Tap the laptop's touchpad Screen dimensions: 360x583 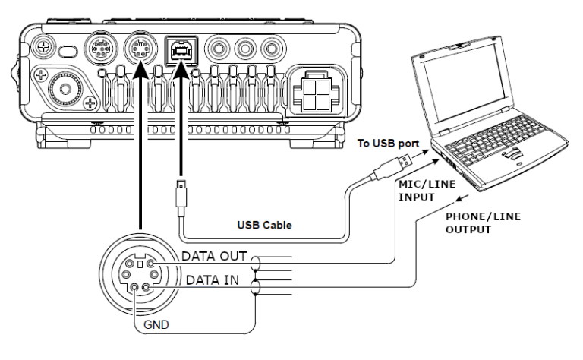514,153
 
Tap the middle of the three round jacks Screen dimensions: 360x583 244,50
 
